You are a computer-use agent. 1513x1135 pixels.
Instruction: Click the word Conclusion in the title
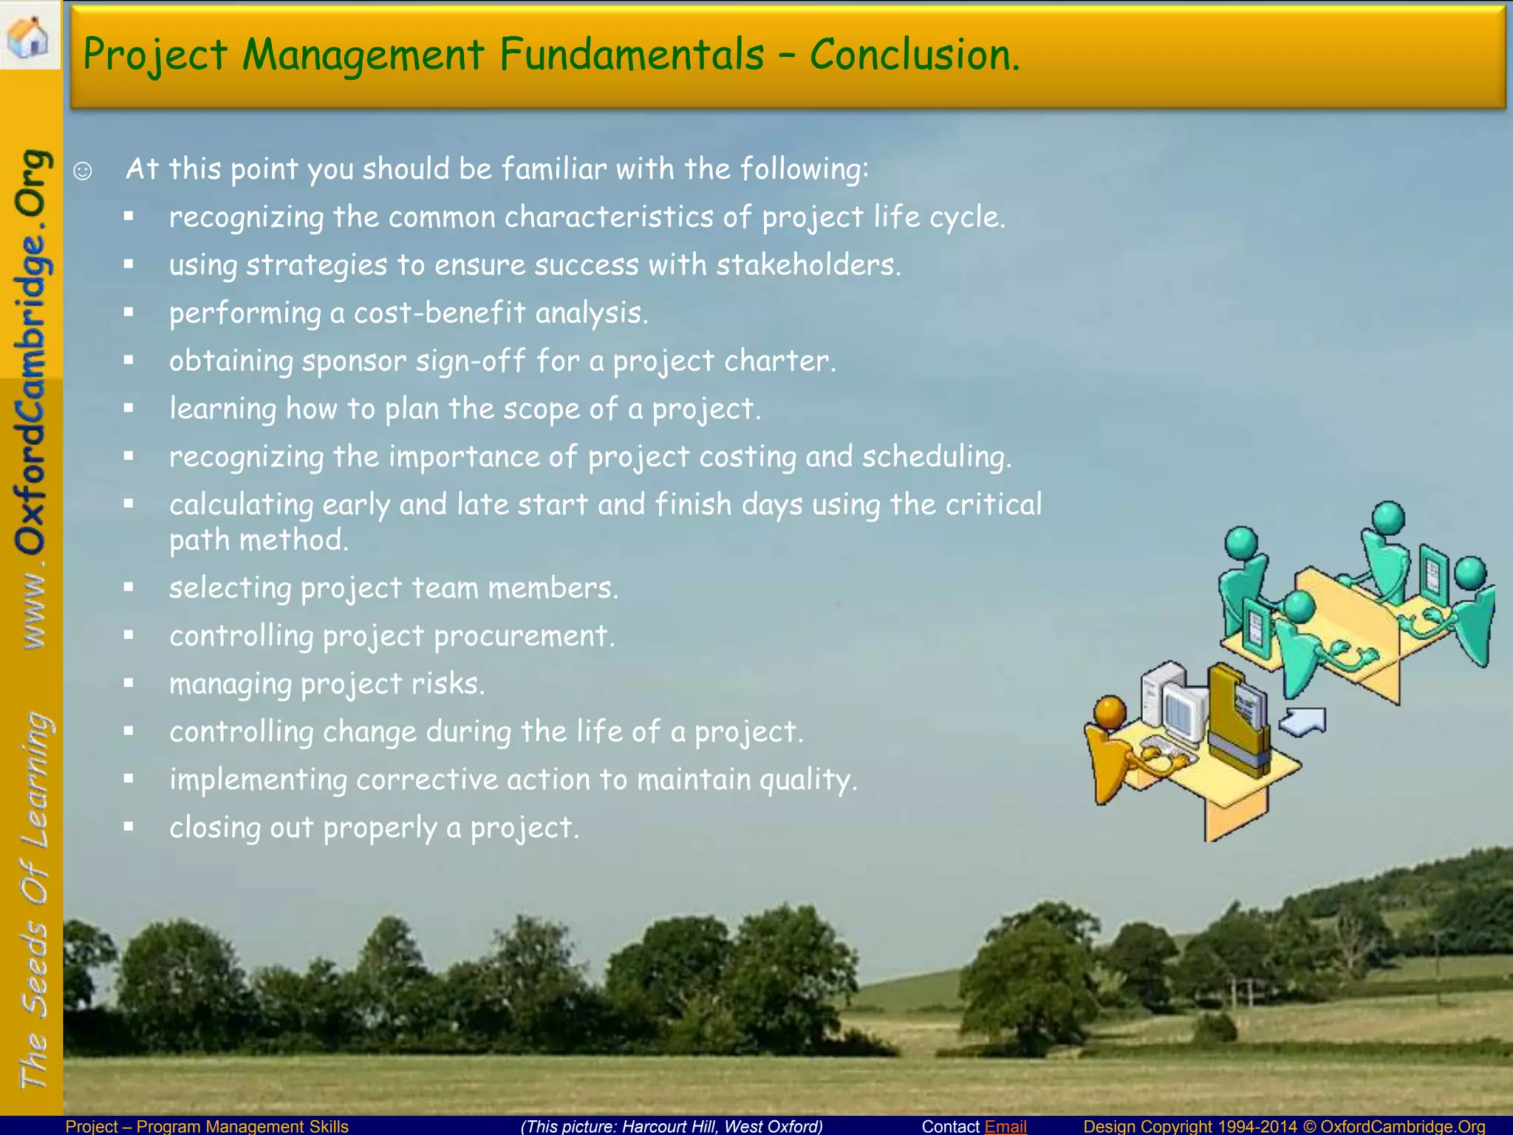coord(914,55)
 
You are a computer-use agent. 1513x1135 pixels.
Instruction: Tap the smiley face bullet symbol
coord(83,171)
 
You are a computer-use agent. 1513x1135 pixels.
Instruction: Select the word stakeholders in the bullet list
coord(808,265)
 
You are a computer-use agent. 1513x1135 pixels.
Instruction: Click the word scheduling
coord(936,457)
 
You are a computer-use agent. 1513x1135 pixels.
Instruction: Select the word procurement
coord(524,636)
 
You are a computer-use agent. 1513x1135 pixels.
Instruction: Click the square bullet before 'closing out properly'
coord(129,826)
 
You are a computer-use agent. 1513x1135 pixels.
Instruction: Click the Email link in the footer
coord(1005,1126)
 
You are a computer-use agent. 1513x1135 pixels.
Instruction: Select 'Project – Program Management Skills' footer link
coord(207,1126)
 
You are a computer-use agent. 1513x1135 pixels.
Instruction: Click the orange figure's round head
coord(1110,712)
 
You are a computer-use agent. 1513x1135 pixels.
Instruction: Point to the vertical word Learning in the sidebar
coord(35,780)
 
